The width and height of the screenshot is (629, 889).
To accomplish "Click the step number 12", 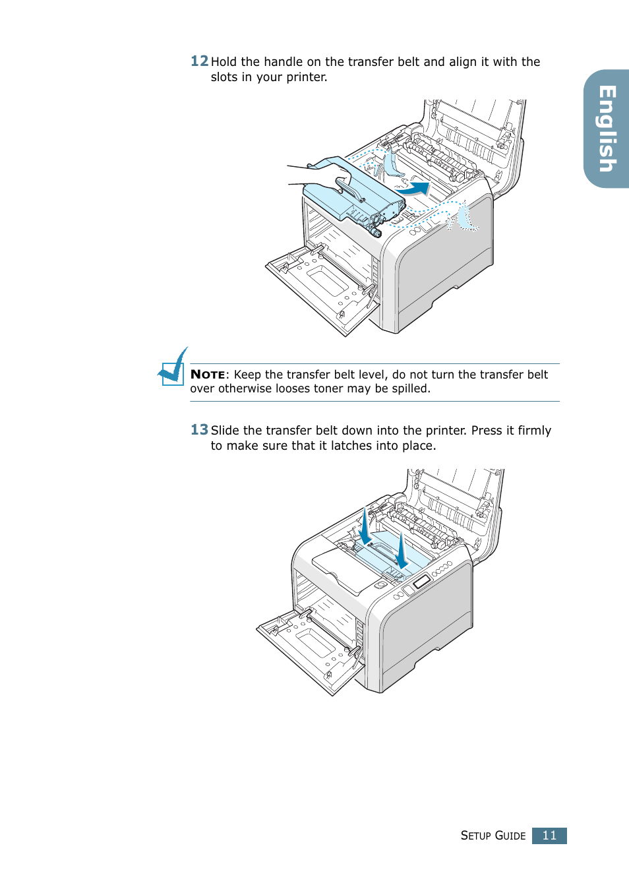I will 199,61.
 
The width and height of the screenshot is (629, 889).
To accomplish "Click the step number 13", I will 199,430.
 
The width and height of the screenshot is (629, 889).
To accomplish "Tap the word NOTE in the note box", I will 208,375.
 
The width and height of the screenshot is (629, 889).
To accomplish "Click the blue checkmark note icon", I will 173,367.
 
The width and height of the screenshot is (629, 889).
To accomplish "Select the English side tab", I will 607,129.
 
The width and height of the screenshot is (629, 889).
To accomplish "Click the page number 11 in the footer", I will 549,836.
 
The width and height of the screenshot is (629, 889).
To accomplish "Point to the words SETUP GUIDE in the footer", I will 493,836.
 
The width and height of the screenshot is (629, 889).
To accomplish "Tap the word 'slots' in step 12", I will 224,77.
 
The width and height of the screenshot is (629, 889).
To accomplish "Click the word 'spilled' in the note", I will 410,389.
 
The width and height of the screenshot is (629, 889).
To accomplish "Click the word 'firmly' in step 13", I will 534,431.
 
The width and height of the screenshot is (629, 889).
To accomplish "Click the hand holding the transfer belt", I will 323,175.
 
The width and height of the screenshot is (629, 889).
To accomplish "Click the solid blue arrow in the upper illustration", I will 415,189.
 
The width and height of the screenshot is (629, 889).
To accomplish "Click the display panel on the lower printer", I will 421,582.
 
